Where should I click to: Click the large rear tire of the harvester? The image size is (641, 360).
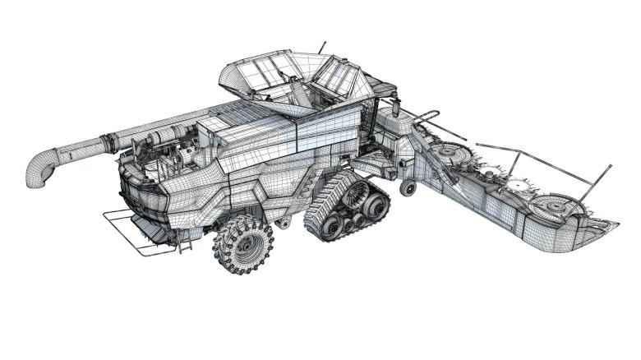(242, 244)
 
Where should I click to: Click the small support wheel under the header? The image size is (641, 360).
(407, 188)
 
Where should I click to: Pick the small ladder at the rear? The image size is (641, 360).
(187, 238)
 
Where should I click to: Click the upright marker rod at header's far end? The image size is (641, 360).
(606, 177)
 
